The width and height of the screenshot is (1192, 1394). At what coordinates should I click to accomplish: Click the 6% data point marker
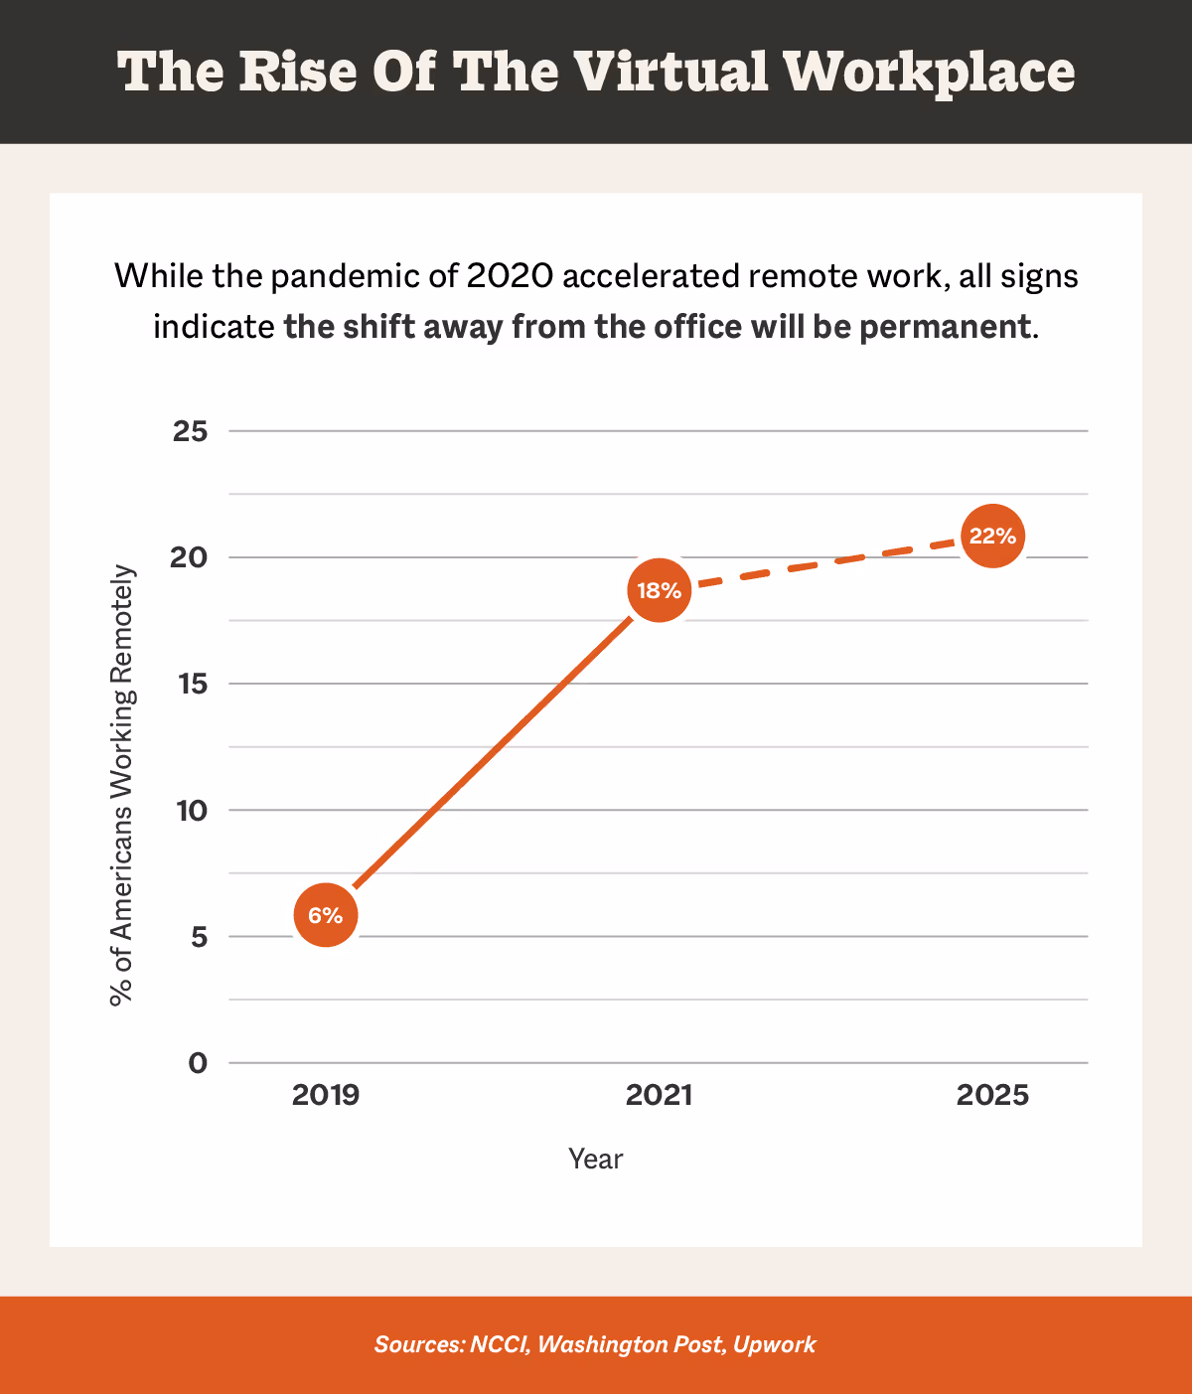click(x=325, y=915)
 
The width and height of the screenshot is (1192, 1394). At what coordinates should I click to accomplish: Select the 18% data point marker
click(x=659, y=591)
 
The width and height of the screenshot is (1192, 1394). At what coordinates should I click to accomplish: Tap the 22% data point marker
click(x=992, y=537)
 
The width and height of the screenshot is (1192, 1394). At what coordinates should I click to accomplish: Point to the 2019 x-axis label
click(x=326, y=1095)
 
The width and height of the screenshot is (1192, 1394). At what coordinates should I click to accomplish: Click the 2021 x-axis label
click(x=659, y=1095)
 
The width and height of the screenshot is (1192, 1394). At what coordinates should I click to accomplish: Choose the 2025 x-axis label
click(x=992, y=1095)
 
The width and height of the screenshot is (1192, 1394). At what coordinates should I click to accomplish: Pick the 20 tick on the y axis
click(x=189, y=558)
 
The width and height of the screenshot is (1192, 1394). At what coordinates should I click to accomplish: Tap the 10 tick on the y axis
click(x=191, y=811)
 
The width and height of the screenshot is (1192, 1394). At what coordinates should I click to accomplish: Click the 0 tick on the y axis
click(x=198, y=1063)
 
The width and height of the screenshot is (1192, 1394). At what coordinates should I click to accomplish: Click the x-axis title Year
click(x=595, y=1159)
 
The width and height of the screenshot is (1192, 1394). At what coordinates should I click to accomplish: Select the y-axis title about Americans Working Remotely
click(x=121, y=785)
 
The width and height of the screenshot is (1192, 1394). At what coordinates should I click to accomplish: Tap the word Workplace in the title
click(x=929, y=73)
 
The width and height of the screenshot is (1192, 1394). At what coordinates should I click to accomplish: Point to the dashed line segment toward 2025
click(x=824, y=563)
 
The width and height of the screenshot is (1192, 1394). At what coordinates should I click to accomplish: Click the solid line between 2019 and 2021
click(x=492, y=753)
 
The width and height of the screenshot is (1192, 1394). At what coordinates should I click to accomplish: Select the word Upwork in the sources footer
click(x=774, y=1344)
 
